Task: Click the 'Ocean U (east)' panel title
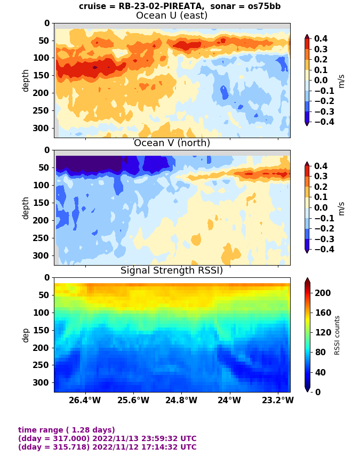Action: coord(172,15)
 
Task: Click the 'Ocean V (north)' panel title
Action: coord(172,143)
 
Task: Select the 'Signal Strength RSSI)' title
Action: coord(172,270)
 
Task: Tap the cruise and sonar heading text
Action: coord(180,6)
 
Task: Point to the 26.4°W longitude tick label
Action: coord(86,400)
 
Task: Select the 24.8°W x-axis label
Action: coord(181,400)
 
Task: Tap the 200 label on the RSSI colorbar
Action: coord(323,293)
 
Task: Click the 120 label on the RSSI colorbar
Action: coord(323,332)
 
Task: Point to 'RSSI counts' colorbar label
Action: coord(337,335)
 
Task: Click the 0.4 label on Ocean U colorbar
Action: coord(321,39)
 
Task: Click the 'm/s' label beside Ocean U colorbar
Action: coord(342,81)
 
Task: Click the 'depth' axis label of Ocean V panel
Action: coord(26,207)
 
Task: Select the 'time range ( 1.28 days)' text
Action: coord(67,430)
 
